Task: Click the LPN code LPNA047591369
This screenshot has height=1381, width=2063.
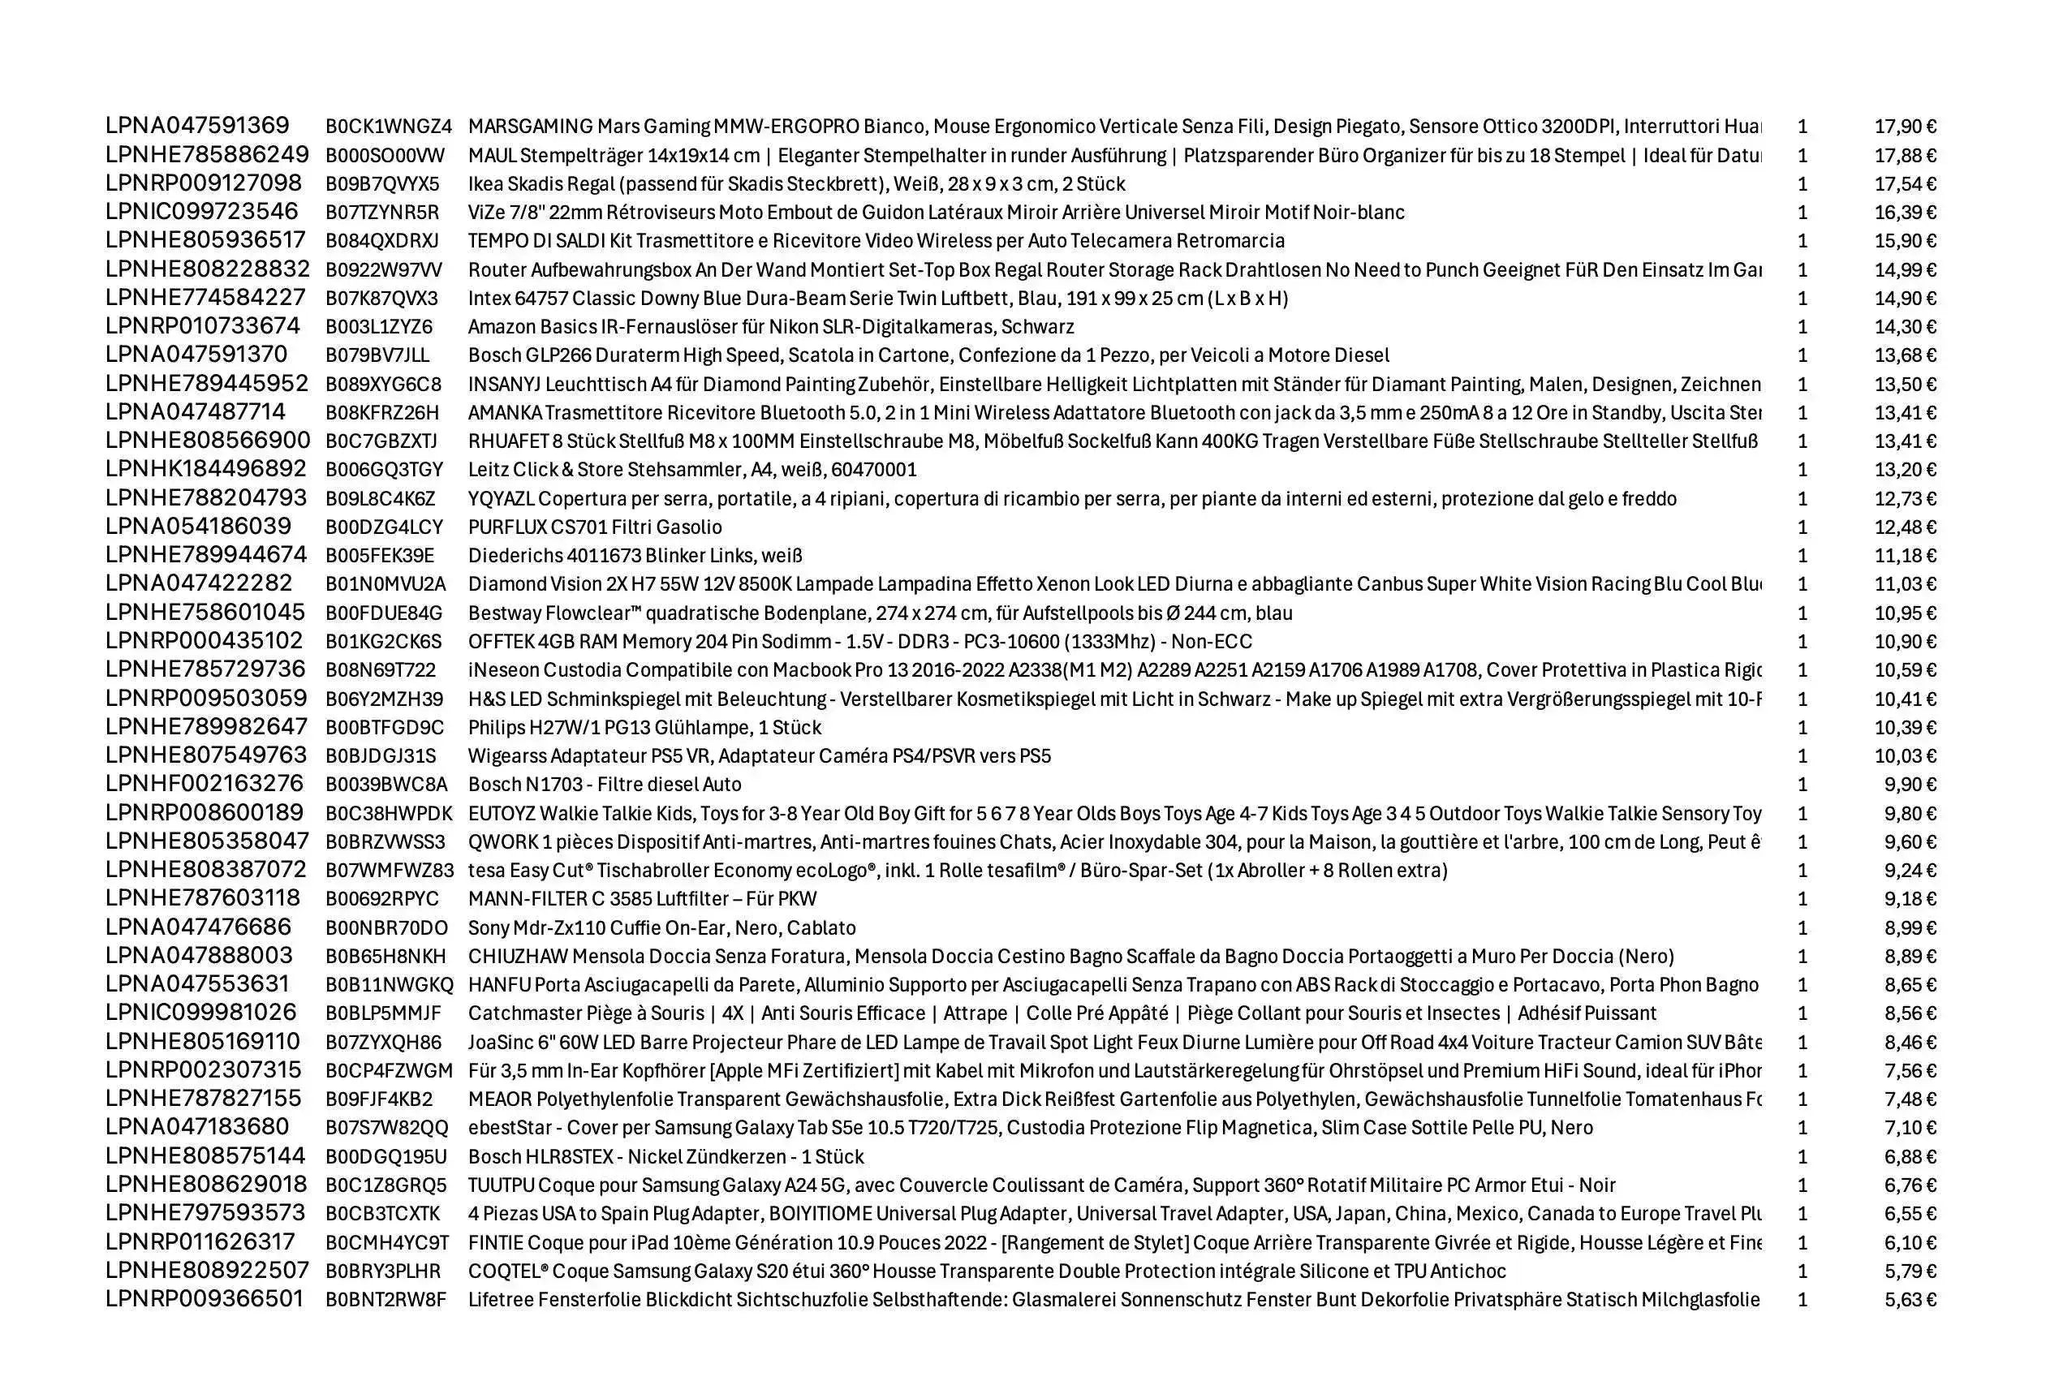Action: [x=197, y=126]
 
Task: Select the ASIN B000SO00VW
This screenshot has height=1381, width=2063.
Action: [x=385, y=156]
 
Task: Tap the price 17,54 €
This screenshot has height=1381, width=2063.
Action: [x=1905, y=184]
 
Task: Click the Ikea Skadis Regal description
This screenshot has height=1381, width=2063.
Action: [x=796, y=184]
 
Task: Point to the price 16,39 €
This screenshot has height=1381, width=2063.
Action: [x=1905, y=213]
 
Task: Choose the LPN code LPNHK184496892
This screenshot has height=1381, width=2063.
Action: [x=206, y=470]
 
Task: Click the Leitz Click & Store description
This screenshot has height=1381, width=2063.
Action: [x=692, y=470]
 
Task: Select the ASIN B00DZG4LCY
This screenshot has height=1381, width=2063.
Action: [x=384, y=527]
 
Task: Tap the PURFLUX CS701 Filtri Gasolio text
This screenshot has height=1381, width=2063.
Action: [x=595, y=527]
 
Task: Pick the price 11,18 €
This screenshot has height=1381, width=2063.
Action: [x=1905, y=556]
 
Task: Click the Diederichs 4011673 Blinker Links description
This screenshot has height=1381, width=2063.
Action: [x=634, y=556]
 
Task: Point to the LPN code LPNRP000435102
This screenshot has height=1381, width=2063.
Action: [x=205, y=641]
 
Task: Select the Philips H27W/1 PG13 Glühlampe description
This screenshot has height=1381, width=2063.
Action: [x=644, y=728]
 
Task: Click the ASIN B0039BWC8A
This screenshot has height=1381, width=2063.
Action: [x=385, y=785]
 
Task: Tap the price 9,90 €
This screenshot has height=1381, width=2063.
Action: [x=1910, y=785]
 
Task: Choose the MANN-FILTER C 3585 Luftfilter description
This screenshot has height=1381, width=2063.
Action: [x=642, y=899]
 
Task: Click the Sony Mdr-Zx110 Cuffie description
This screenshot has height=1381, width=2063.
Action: [x=661, y=927]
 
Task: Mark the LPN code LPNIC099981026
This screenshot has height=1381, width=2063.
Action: [x=200, y=1013]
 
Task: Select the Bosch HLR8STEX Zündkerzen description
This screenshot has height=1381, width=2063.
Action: [x=665, y=1156]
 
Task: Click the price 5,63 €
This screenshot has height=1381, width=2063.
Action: [x=1910, y=1300]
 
